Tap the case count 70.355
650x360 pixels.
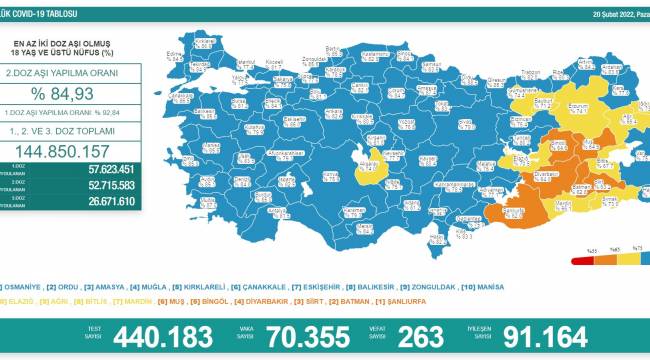[x=310, y=336]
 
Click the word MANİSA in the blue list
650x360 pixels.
[x=489, y=287]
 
